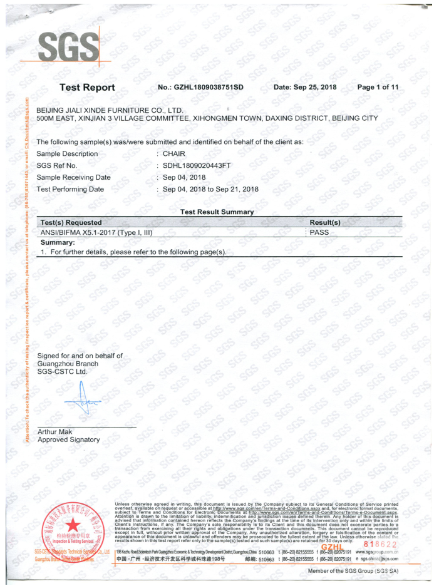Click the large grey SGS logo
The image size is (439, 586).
pyautogui.click(x=68, y=46)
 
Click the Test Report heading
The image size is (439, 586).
pyautogui.click(x=87, y=88)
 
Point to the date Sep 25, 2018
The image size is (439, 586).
pyautogui.click(x=305, y=87)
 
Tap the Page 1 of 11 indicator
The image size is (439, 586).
pyautogui.click(x=378, y=87)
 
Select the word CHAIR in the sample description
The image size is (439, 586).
pyautogui.click(x=174, y=153)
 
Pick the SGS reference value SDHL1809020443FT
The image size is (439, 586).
pyautogui.click(x=197, y=165)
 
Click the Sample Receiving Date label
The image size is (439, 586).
pyautogui.click(x=73, y=177)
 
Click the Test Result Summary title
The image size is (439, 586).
pyautogui.click(x=217, y=212)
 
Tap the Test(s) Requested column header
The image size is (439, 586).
pyautogui.click(x=71, y=222)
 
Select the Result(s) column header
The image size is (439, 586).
pyautogui.click(x=325, y=222)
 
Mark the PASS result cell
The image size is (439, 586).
pyautogui.click(x=319, y=232)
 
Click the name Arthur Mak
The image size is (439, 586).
pyautogui.click(x=55, y=431)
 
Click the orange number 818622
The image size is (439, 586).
pyautogui.click(x=379, y=543)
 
